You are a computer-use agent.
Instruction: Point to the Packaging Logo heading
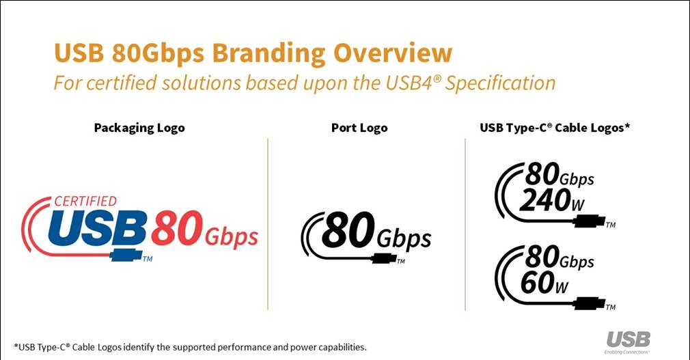(139, 128)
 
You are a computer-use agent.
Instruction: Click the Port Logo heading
(359, 128)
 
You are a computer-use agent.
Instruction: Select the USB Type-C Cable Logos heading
(555, 128)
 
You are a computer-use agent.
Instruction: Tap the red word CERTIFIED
(85, 202)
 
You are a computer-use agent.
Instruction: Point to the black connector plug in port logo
(382, 259)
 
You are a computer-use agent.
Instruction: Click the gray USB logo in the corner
(628, 339)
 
